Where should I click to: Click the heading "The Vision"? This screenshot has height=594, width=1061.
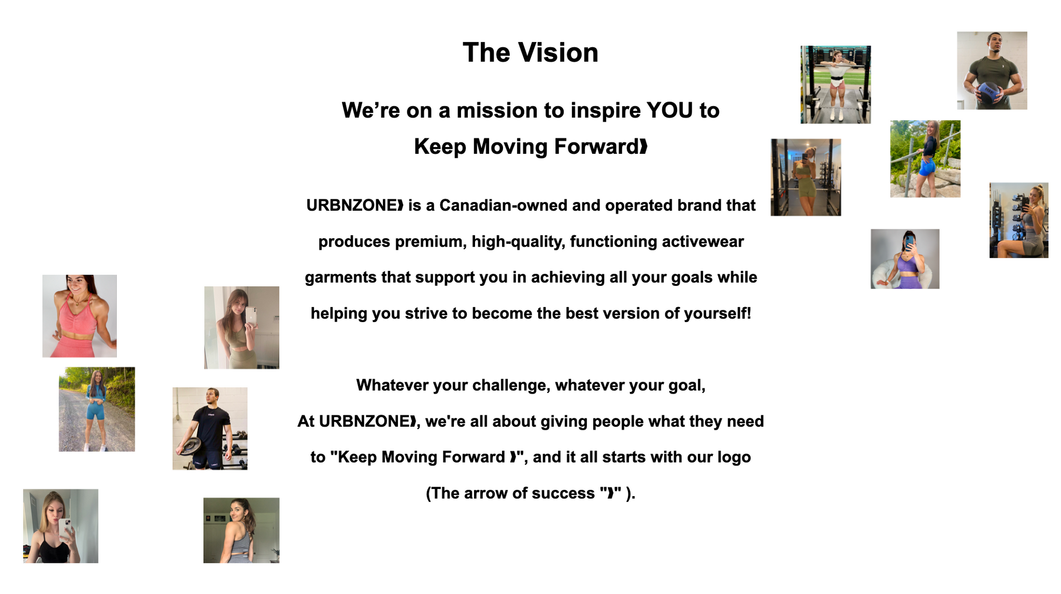[x=530, y=52]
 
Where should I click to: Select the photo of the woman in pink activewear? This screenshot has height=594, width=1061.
[x=79, y=316]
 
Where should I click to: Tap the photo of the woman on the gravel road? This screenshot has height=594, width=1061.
[x=97, y=409]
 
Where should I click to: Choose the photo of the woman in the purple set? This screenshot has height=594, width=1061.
[x=905, y=259]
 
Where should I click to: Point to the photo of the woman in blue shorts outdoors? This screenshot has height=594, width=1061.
[x=925, y=159]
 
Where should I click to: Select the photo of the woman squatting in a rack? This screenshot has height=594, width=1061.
[x=836, y=84]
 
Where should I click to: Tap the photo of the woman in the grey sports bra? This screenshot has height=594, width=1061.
[x=241, y=530]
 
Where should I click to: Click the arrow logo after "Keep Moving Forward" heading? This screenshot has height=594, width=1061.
[x=643, y=147]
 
